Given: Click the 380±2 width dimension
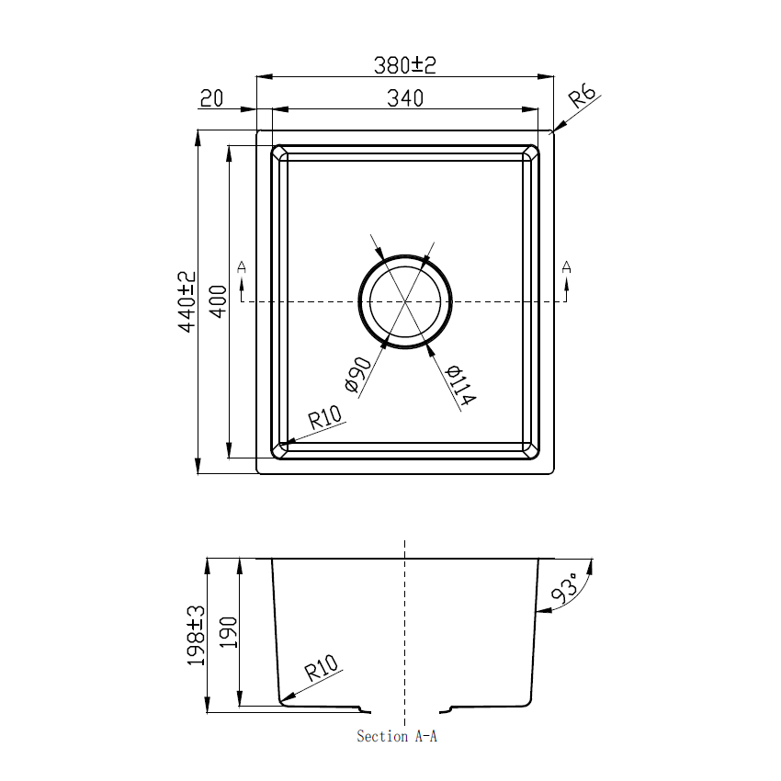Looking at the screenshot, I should (x=403, y=65).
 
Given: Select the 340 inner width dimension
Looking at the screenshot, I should (x=404, y=97).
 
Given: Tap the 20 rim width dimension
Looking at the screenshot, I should (x=212, y=98).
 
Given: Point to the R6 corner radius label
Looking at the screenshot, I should (x=583, y=96).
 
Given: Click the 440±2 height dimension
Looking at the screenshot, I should (x=187, y=301).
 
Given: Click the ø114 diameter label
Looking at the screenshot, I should (x=459, y=386).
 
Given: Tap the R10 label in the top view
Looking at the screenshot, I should (x=324, y=418).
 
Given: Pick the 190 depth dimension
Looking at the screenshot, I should (x=229, y=634).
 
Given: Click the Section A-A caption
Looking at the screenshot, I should (x=397, y=736).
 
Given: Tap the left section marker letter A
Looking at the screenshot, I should (x=242, y=266).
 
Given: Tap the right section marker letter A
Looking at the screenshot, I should (x=566, y=266).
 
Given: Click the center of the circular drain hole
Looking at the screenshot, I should (x=405, y=300).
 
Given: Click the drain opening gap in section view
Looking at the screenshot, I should (x=405, y=709).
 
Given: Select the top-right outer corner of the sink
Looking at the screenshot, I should (x=554, y=130).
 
